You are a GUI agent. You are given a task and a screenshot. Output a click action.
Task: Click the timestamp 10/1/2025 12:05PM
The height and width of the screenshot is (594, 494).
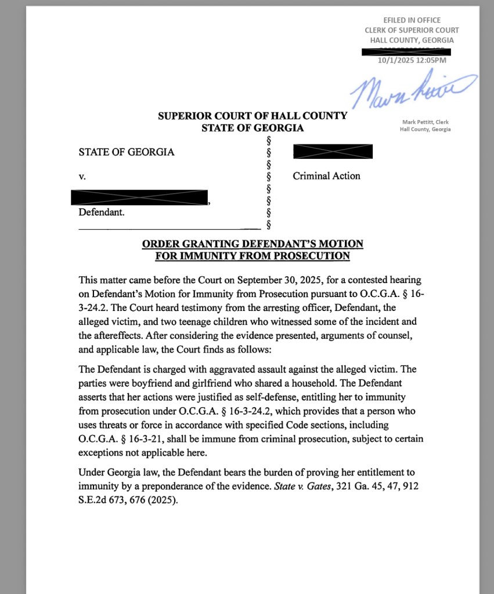412,60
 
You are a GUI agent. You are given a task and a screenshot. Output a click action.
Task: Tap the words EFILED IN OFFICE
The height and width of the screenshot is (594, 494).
412,20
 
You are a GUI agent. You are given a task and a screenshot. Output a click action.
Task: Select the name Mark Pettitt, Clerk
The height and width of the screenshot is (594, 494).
425,122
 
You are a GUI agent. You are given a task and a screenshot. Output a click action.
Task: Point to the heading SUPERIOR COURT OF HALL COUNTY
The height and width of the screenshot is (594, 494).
253,116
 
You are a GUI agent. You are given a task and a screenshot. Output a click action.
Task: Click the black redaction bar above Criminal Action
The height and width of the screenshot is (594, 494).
333,152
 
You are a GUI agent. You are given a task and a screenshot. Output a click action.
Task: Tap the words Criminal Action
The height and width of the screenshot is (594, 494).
326,176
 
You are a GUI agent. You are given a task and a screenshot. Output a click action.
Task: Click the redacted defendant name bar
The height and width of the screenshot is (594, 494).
139,197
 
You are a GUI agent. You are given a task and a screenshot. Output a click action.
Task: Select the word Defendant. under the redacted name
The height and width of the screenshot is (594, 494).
101,212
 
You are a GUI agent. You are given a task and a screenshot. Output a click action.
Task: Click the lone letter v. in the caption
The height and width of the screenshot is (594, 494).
82,176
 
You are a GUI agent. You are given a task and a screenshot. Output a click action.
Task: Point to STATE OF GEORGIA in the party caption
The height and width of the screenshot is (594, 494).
126,153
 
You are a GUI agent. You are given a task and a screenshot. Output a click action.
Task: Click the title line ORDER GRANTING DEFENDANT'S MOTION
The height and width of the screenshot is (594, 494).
253,244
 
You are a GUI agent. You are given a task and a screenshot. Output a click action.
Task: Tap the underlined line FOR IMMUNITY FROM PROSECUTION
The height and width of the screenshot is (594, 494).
253,256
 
